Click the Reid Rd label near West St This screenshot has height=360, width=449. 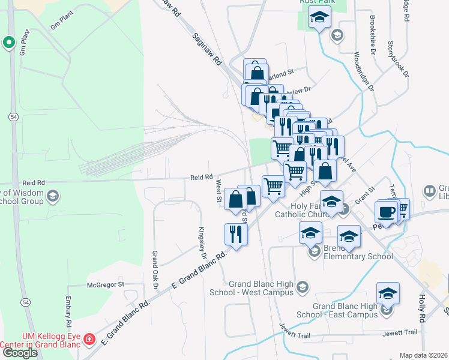[202, 177]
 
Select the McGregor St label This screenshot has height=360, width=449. [105, 284]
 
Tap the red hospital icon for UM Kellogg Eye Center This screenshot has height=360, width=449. [89, 340]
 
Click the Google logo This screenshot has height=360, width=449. [19, 353]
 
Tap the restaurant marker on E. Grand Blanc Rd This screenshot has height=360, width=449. [236, 233]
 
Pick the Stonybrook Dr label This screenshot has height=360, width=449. [398, 59]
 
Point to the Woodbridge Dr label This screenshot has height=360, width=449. [363, 71]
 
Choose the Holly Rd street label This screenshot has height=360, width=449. [423, 306]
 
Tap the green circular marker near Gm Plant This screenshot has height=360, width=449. [8, 42]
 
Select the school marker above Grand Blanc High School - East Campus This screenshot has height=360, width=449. [388, 294]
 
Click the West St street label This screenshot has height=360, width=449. [218, 191]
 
